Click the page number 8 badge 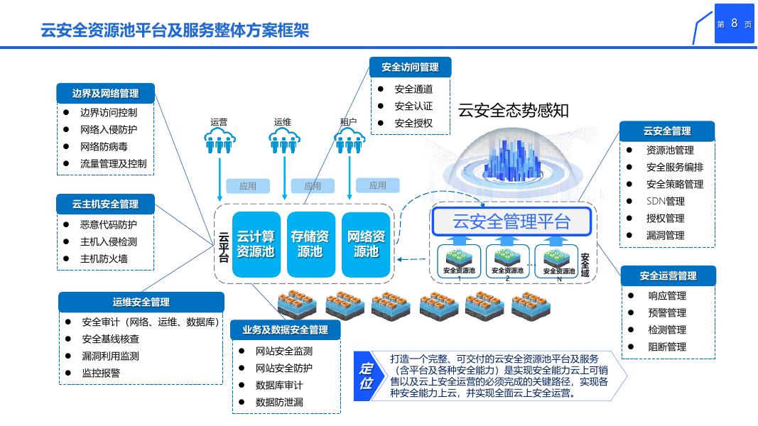(x=734, y=23)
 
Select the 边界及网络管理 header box (x=105, y=93)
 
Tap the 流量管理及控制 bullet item (x=113, y=164)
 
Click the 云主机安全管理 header (x=105, y=204)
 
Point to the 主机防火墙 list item (x=104, y=258)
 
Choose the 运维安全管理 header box (x=141, y=302)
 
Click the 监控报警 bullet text (x=101, y=373)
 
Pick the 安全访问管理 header (x=410, y=67)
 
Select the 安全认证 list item (x=413, y=106)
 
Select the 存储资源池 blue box (x=310, y=244)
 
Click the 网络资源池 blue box (x=366, y=244)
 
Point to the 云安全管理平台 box (x=511, y=222)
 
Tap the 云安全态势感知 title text (x=513, y=110)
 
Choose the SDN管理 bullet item (x=665, y=202)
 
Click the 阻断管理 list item (x=666, y=347)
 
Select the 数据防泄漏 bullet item (x=279, y=403)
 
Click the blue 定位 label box (x=367, y=376)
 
